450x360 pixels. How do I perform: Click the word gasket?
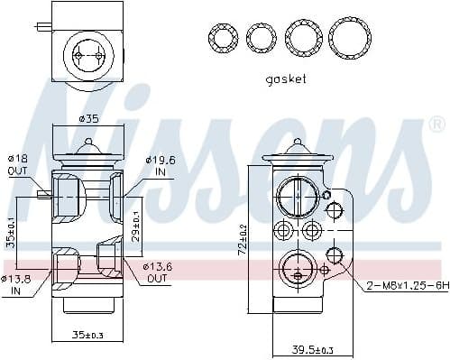(x=285, y=79)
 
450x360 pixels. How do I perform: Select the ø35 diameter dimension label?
(x=88, y=117)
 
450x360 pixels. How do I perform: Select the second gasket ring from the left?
(x=261, y=37)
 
